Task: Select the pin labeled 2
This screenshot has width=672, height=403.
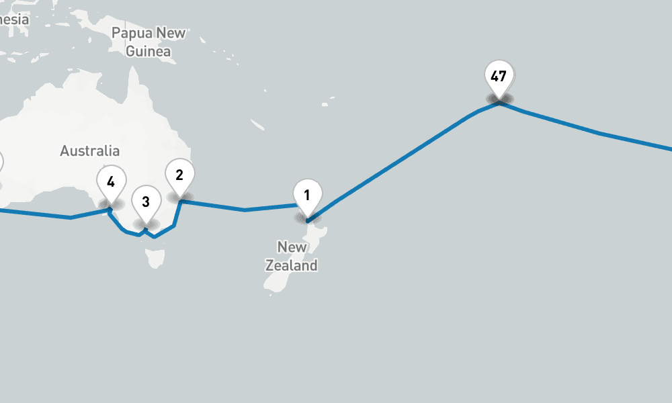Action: [x=179, y=175]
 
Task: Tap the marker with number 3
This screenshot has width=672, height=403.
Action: [x=146, y=201]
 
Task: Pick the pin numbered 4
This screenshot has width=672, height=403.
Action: [x=111, y=181]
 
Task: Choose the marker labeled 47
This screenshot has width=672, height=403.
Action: [x=499, y=77]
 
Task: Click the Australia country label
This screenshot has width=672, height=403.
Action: [x=89, y=151]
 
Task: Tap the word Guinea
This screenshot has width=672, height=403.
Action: [x=149, y=51]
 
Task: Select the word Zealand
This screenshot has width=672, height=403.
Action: [x=291, y=266]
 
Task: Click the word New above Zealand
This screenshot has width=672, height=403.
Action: [x=292, y=247]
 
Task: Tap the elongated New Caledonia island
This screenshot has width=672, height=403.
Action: [x=257, y=125]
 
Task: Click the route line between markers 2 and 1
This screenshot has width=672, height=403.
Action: [x=245, y=210]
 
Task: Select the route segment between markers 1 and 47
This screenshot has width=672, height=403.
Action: [x=403, y=159]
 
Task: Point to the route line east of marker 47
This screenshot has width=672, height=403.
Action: [x=598, y=133]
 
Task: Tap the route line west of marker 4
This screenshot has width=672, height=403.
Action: [x=71, y=218]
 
